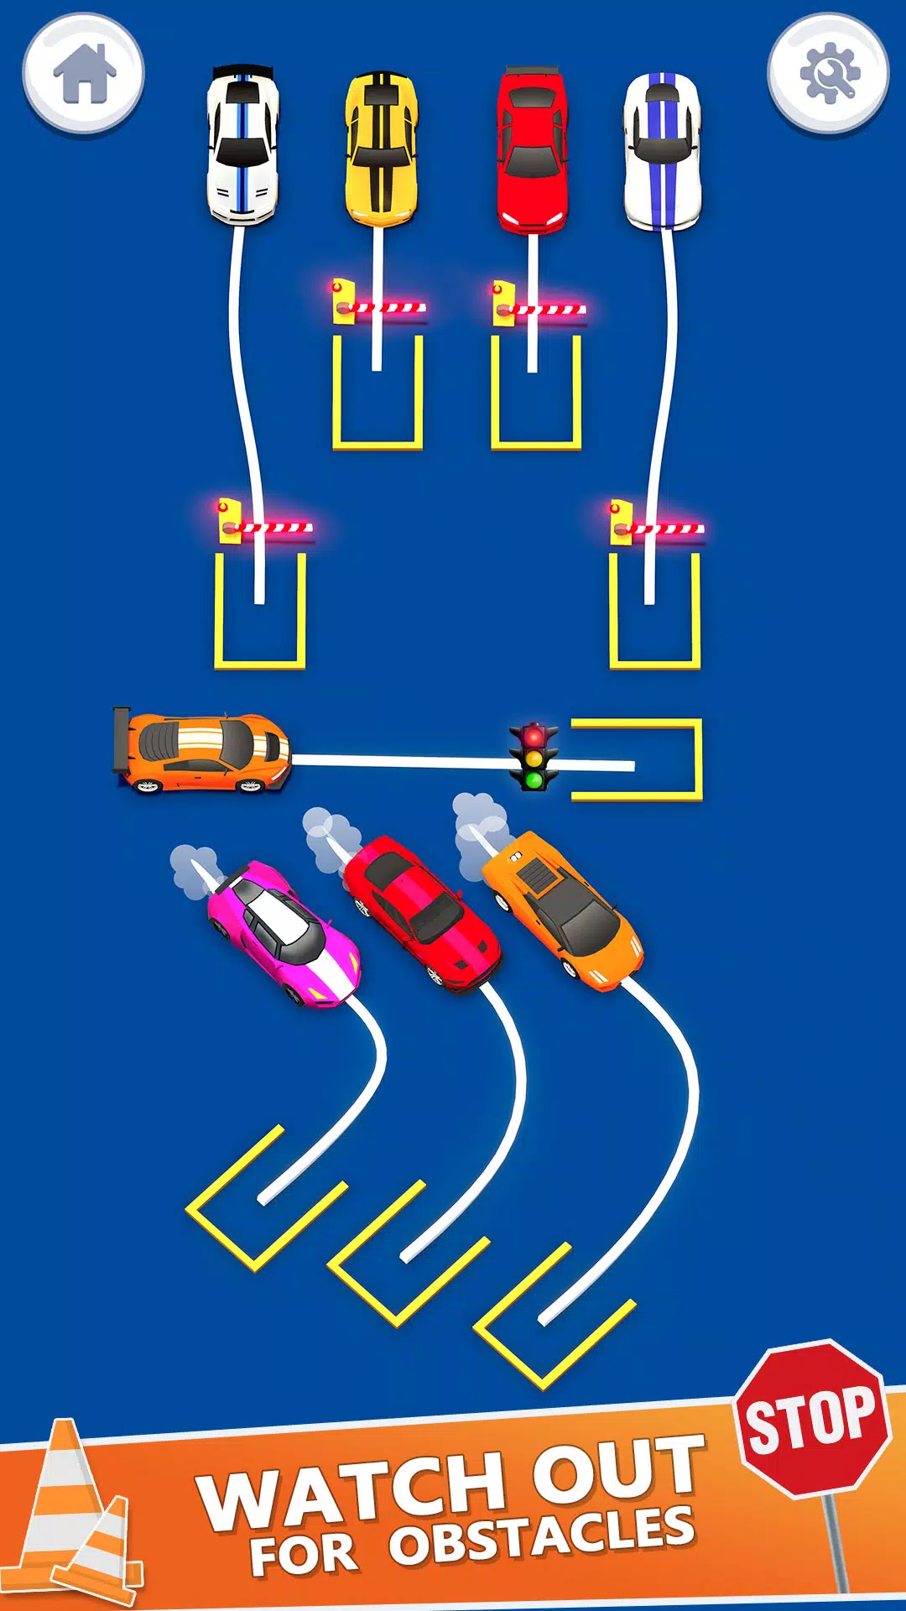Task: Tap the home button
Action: [83, 74]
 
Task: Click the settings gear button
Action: [828, 74]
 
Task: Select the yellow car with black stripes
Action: [381, 149]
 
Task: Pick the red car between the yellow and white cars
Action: [532, 149]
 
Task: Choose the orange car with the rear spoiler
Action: [203, 752]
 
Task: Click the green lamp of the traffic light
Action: [534, 780]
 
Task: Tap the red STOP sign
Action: [812, 1418]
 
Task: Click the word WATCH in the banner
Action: [352, 1489]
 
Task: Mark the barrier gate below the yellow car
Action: [379, 305]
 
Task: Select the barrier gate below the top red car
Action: [539, 307]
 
